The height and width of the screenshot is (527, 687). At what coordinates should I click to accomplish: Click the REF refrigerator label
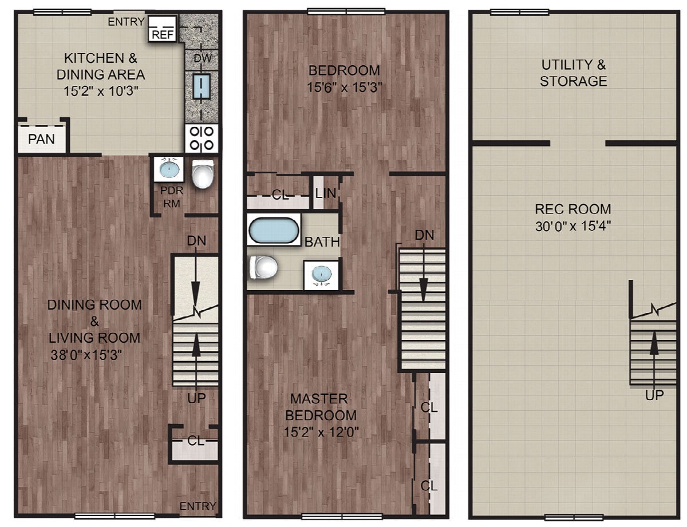(163, 34)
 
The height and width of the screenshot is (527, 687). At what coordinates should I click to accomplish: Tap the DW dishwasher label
(202, 58)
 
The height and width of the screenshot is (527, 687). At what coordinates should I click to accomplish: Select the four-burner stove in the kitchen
(202, 138)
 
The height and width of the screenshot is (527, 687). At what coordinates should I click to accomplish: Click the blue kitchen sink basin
(202, 86)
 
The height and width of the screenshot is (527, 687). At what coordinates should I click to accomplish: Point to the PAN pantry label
(41, 139)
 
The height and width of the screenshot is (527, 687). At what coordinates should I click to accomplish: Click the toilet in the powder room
(203, 174)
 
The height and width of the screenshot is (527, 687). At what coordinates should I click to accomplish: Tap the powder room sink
(169, 169)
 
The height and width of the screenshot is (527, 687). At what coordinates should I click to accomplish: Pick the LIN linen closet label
(325, 193)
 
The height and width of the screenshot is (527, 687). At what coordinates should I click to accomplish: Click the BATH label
(322, 242)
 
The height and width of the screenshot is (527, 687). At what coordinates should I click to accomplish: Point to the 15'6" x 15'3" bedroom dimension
(345, 87)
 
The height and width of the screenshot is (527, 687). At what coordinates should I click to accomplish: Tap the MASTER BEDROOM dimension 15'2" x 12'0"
(321, 432)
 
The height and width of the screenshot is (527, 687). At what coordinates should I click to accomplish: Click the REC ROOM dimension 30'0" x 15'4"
(573, 226)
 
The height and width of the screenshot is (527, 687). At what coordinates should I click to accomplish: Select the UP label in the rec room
(654, 395)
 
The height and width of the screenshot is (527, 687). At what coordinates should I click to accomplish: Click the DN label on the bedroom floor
(424, 235)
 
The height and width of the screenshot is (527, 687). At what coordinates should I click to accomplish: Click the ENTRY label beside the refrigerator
(126, 22)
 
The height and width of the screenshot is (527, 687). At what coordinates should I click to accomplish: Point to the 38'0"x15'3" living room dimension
(86, 355)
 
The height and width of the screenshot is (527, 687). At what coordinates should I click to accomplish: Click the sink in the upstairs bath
(321, 274)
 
